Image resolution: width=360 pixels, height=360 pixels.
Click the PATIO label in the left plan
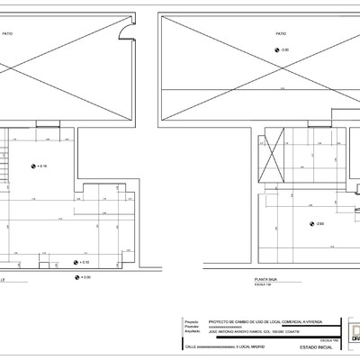[x=9, y=32]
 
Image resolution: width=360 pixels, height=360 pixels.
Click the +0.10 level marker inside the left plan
[x=81, y=262]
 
